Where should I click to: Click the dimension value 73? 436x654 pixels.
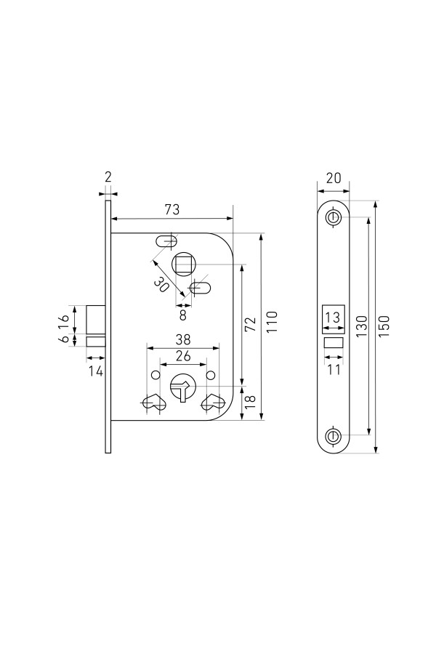(172, 209)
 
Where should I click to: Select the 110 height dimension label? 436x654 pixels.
(272, 322)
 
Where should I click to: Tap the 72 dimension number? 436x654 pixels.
(249, 324)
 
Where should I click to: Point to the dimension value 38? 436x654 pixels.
(183, 339)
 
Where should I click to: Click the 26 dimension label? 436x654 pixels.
(183, 356)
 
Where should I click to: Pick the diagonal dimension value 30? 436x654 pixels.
(161, 285)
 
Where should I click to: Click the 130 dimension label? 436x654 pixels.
(361, 326)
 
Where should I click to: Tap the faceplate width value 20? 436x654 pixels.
(334, 178)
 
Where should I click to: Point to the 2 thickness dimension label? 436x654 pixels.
(108, 177)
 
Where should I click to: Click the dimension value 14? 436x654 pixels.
(96, 371)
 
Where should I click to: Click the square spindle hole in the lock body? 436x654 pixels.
(182, 265)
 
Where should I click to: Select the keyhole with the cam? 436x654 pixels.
(182, 387)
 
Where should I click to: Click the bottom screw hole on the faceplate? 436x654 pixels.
(333, 436)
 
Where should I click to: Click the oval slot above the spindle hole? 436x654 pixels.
(166, 241)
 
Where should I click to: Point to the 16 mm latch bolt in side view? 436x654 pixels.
(95, 320)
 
